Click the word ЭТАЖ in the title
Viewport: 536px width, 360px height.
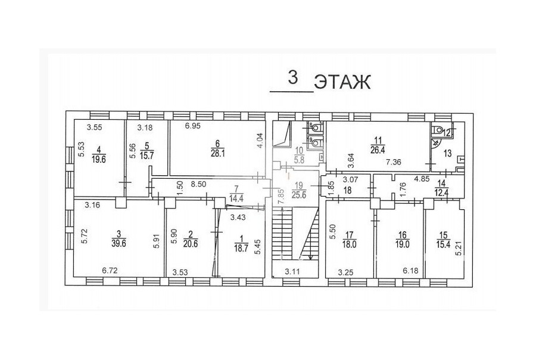[342, 82]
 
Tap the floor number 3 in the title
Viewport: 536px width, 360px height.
[292, 77]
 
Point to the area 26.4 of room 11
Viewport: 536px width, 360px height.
[378, 150]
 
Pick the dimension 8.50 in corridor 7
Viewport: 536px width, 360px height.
[198, 184]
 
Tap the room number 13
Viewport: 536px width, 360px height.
[448, 153]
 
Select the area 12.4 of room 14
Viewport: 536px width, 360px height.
[442, 193]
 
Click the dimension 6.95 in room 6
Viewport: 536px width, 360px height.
[193, 126]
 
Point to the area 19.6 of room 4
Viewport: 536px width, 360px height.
[99, 159]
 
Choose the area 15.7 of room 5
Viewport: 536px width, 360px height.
[147, 156]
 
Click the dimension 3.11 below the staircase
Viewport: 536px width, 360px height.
[292, 272]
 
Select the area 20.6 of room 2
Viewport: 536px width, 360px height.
[191, 244]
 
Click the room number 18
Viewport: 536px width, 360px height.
[347, 191]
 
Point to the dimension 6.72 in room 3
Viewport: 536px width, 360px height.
[110, 271]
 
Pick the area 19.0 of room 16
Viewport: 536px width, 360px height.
[403, 244]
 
